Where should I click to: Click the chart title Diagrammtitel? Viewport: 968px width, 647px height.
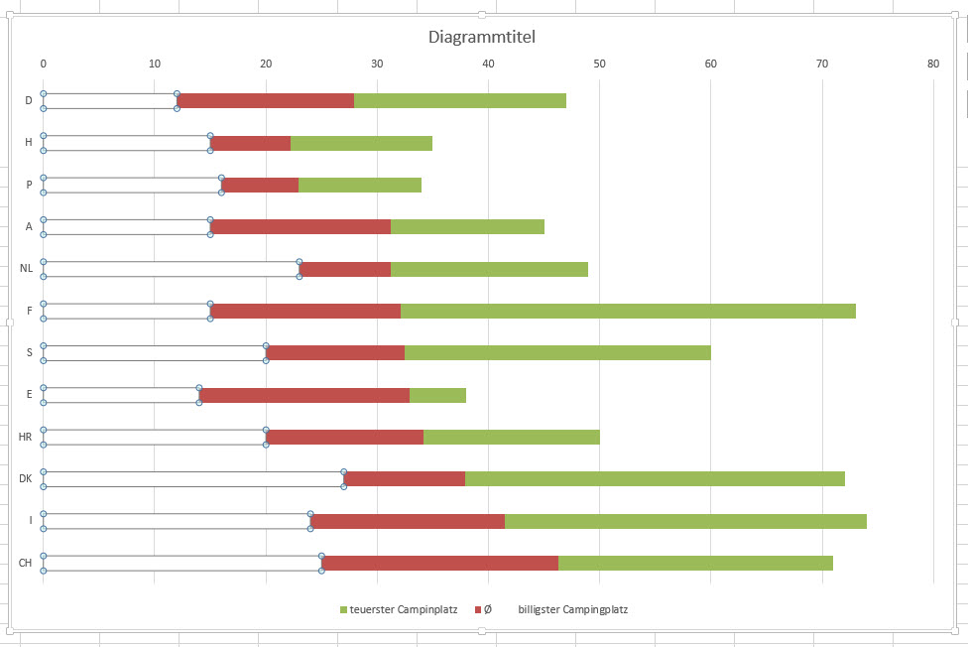(x=482, y=38)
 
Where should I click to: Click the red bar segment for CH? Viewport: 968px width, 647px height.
(x=440, y=563)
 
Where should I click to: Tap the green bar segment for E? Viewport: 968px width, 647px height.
(x=437, y=395)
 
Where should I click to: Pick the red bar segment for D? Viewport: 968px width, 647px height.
(x=266, y=100)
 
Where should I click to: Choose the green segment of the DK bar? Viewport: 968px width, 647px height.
(x=655, y=478)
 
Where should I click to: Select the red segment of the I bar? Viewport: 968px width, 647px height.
(x=408, y=521)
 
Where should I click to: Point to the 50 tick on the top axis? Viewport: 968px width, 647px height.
(x=599, y=64)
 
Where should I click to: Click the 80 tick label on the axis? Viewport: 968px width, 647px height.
(x=932, y=64)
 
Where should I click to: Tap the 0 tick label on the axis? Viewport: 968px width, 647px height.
(x=44, y=64)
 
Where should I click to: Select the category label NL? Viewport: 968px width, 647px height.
(x=26, y=268)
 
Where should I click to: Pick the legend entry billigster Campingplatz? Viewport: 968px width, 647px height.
(x=572, y=609)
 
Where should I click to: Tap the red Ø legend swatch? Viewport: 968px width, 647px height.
(x=478, y=609)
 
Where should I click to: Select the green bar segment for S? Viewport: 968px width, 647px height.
(x=557, y=352)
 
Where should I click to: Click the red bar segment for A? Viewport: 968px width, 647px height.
(x=301, y=226)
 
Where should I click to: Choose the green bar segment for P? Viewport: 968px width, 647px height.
(x=360, y=185)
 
